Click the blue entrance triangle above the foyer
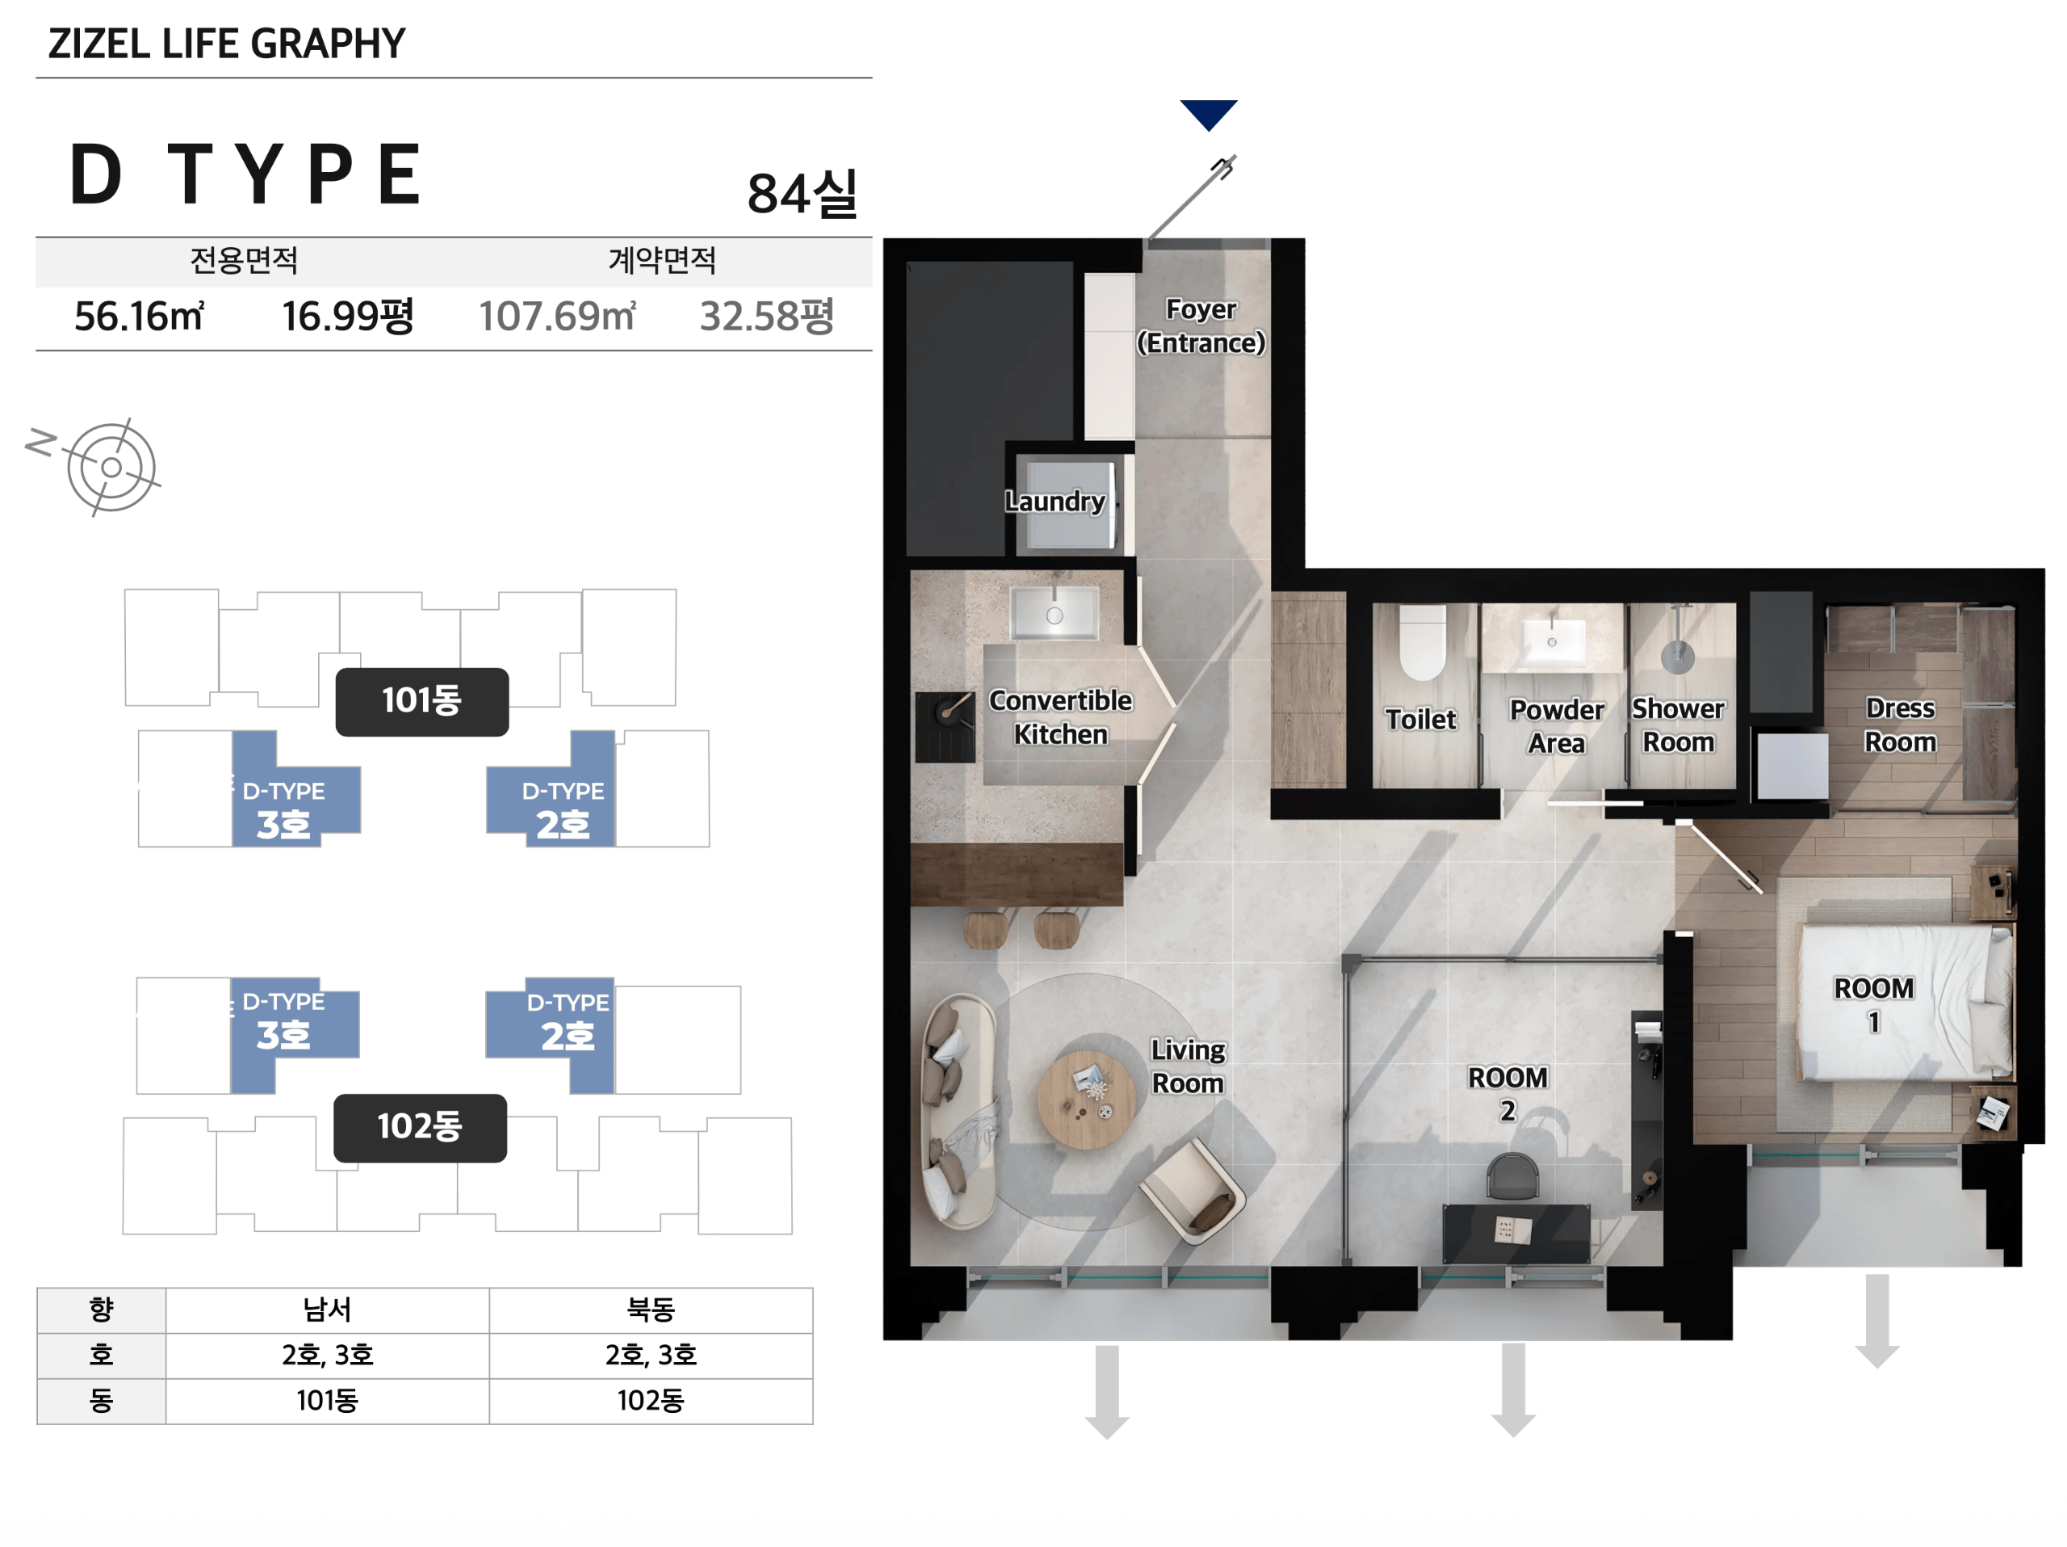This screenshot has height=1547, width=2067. pos(1208,112)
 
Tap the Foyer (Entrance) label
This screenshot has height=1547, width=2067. pos(1201,326)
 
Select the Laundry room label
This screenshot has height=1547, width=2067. pos(1055,501)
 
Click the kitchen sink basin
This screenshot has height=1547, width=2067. pos(1054,613)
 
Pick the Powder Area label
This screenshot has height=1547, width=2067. pos(1557,726)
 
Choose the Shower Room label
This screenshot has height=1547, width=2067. pos(1679,725)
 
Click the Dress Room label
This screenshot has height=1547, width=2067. pos(1900,725)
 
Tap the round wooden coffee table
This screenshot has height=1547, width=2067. pos(1087,1099)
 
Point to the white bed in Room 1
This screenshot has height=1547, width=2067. pos(1906,1002)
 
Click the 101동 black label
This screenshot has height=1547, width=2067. pos(422,701)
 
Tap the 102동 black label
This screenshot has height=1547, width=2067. pos(421,1127)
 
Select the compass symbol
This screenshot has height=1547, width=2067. pos(111,468)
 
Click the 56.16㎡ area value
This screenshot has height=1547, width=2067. pos(139,316)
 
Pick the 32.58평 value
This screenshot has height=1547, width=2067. pos(766,316)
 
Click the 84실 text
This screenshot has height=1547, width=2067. pos(802,195)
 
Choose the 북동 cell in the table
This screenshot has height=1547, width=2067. pos(650,1309)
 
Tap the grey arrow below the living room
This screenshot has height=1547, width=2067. pos(1107,1392)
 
